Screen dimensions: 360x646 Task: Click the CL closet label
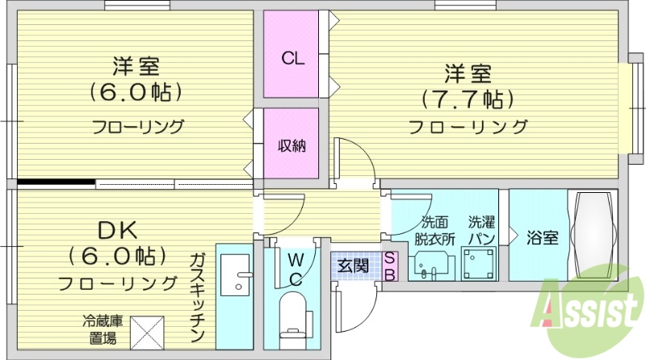pos(292,58)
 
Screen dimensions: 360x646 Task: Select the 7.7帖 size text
pos(467,99)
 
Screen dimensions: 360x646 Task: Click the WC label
pos(296,269)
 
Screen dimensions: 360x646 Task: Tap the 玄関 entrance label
pos(353,263)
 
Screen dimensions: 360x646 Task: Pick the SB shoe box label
pos(390,266)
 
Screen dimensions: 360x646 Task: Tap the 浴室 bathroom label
pos(542,238)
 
